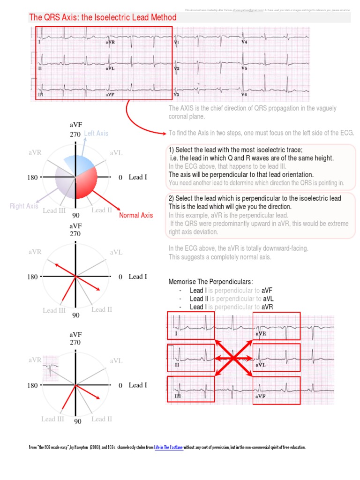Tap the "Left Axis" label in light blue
[96, 134]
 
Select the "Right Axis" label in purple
[24, 206]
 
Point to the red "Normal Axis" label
[136, 216]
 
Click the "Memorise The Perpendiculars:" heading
[210, 282]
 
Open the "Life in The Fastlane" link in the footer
[168, 448]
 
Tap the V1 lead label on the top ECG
[176, 42]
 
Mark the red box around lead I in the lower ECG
[191, 325]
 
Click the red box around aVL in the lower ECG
[277, 357]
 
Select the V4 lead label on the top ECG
[244, 42]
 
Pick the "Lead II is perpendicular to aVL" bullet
[225, 299]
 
